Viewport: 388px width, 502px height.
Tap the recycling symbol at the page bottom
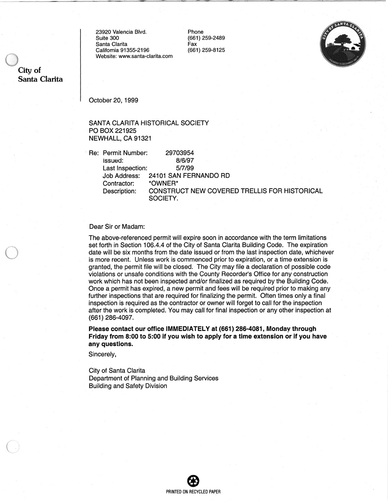tap(193, 481)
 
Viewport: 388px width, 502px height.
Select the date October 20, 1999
tap(113, 100)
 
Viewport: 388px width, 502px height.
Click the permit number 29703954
tap(179, 153)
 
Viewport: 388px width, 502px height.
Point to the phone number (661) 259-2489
tap(206, 38)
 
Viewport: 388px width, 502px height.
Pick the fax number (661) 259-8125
tap(206, 50)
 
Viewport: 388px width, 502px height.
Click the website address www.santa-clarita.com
tap(145, 56)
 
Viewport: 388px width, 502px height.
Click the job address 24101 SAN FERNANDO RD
tap(189, 176)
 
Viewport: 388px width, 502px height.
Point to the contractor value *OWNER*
tap(163, 183)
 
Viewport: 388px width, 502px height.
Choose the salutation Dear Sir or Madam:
tap(117, 226)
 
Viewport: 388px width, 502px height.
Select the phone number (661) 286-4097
tap(111, 317)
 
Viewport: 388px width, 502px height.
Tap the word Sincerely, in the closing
tap(102, 354)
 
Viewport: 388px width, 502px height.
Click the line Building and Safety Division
tap(128, 386)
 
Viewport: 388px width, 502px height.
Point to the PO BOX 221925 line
tap(112, 131)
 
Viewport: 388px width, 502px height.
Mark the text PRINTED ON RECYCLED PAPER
tap(193, 492)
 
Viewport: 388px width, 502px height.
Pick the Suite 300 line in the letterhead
tap(107, 38)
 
